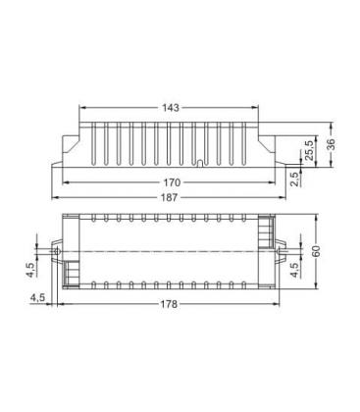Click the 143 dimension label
tap(171, 107)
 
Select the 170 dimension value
tap(172, 182)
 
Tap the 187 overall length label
tap(170, 197)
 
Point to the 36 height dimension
tap(331, 144)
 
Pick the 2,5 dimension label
tap(294, 180)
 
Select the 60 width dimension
tap(316, 251)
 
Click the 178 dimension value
tap(169, 304)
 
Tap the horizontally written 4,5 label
tap(37, 298)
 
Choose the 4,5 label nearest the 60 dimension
tap(294, 270)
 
